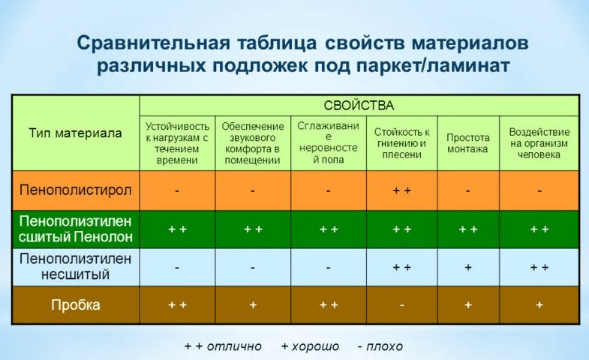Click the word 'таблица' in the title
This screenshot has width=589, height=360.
tap(276, 43)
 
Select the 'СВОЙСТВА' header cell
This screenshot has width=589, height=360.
tap(359, 106)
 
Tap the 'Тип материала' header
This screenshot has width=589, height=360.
tap(75, 133)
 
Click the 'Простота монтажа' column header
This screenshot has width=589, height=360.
tap(467, 143)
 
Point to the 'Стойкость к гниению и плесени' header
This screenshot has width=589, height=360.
tap(401, 143)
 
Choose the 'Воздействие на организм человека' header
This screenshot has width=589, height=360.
tap(539, 143)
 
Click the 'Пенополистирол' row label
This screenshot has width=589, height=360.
tap(76, 190)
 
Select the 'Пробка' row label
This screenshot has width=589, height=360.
tap(76, 304)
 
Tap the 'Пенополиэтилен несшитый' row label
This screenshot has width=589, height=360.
tap(76, 266)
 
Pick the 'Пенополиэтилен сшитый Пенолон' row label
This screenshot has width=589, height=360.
tap(76, 229)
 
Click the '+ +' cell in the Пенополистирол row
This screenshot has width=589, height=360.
tap(401, 190)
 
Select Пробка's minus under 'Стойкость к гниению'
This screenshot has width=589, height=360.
tap(401, 305)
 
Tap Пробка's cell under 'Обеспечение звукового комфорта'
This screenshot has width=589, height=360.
tap(253, 305)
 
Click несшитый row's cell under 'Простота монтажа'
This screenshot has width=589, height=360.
tap(468, 267)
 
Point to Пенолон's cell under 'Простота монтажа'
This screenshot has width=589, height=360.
tap(468, 229)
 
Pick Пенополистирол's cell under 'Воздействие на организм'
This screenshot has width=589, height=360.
tap(539, 191)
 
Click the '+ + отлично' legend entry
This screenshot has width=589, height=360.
tap(223, 346)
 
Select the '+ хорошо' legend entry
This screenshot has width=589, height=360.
tap(310, 346)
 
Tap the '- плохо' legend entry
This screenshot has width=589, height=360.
tap(380, 346)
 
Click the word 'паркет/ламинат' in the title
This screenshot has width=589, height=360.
tap(433, 65)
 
